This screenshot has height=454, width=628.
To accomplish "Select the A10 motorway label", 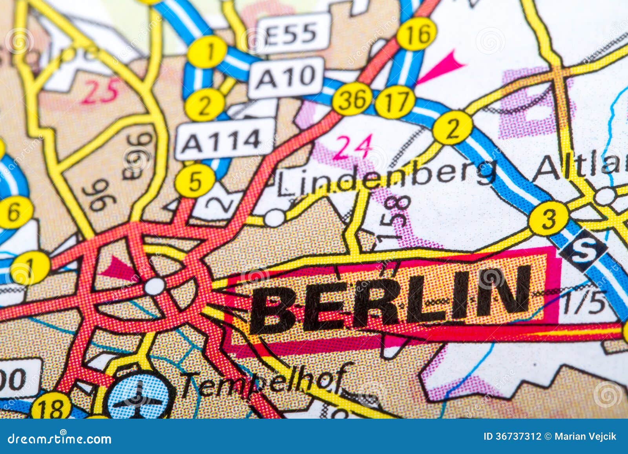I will pos(287,77).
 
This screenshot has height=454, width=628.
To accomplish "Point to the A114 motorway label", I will pos(225,140).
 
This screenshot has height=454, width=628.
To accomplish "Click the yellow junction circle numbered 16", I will pos(416,34).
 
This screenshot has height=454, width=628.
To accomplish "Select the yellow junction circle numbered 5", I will pos(195,181).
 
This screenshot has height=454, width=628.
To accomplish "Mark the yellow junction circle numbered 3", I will pos(548,219).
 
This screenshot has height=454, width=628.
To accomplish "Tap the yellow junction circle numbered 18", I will pos(51,407).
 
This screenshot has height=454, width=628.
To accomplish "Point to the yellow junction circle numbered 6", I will pos(15,212).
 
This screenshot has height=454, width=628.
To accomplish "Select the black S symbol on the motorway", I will pos(583,250).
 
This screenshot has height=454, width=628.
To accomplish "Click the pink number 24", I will pos(352,147).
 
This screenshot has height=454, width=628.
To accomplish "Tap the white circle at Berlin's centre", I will pos(155,286).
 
